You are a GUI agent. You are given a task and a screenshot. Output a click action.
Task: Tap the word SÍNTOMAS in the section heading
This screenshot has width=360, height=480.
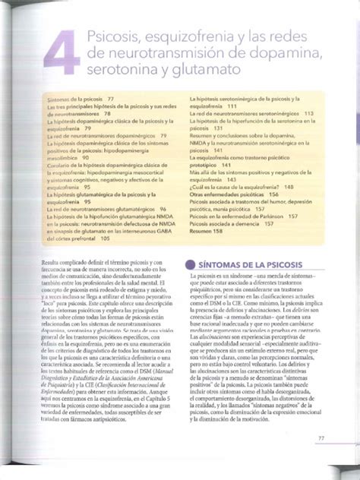(225, 264)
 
